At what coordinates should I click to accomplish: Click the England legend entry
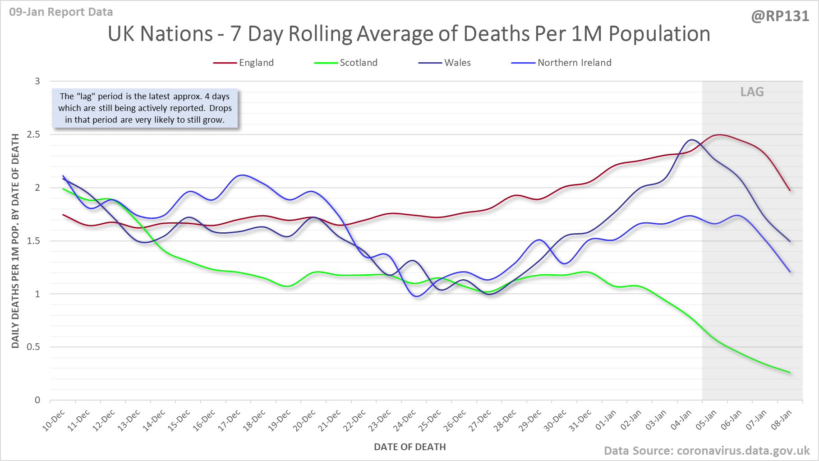(x=256, y=63)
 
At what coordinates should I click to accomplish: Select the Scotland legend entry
(x=358, y=63)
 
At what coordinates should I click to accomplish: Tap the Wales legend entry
(x=457, y=63)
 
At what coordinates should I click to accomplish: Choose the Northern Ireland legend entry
(x=574, y=63)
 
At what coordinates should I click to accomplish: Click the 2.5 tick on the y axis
(x=33, y=134)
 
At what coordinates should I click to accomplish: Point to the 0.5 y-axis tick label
(x=33, y=347)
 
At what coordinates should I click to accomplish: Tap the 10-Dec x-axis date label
(x=54, y=420)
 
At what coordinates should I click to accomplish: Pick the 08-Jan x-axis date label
(x=781, y=420)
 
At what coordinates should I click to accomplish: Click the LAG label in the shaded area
(x=752, y=92)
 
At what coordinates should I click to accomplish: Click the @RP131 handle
(x=780, y=16)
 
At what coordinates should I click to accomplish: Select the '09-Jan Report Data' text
(x=61, y=12)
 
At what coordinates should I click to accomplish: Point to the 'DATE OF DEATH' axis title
(x=409, y=447)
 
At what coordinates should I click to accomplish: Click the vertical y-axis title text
(x=15, y=241)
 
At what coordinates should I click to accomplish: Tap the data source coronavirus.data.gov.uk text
(x=707, y=451)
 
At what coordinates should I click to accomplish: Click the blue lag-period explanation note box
(x=145, y=108)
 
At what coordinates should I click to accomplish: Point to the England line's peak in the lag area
(x=719, y=134)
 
